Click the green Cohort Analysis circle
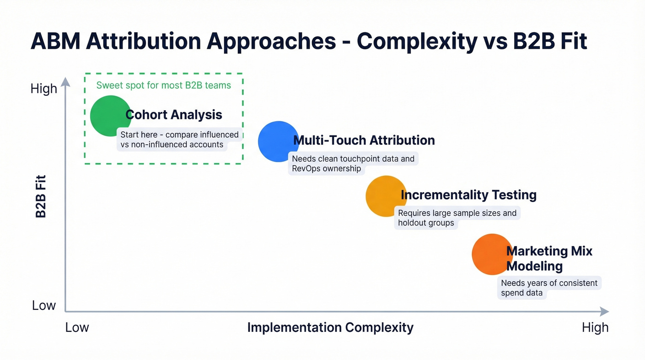(x=110, y=116)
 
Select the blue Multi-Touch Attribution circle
(x=278, y=142)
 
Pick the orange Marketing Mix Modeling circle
(x=492, y=254)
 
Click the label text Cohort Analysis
(x=174, y=115)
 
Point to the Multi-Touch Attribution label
(x=364, y=140)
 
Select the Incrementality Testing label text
(x=469, y=195)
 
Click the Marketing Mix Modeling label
(x=549, y=259)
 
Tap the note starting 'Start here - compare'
(x=179, y=140)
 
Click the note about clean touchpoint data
(x=353, y=164)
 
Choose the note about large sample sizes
(x=457, y=218)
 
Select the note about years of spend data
(x=549, y=288)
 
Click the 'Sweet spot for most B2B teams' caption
(x=164, y=85)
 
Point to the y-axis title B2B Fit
(x=41, y=196)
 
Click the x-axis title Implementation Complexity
(x=330, y=328)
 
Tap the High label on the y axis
(x=44, y=89)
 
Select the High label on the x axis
(x=595, y=328)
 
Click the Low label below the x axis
(x=77, y=328)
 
